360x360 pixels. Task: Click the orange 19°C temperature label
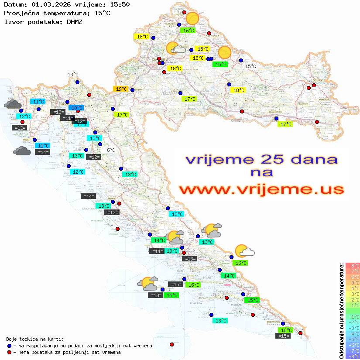120,89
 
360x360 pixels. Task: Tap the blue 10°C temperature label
77,107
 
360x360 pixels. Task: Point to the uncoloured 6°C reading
111,150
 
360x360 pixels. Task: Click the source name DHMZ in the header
74,21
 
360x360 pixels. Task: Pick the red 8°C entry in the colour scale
352,266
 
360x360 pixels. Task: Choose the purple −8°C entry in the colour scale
352,357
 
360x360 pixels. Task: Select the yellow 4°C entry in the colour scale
352,288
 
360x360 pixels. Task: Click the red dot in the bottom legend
9,352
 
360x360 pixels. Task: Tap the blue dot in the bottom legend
9,346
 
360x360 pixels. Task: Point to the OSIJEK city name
316,80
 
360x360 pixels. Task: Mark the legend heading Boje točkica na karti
35,339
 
